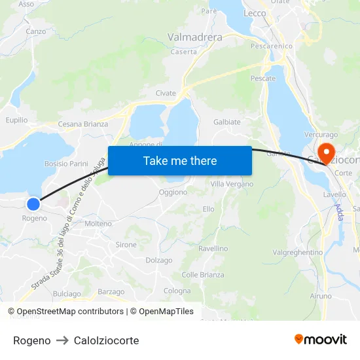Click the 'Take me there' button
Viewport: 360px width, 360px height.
[x=180, y=160]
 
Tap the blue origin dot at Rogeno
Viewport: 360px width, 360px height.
[x=33, y=204]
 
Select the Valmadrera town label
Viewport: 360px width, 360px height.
[x=195, y=37]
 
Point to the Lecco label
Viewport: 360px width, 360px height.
[x=254, y=13]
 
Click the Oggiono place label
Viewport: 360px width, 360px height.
[x=173, y=192]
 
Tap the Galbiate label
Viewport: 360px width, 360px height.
[x=227, y=122]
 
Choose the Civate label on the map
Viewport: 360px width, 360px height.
[x=166, y=94]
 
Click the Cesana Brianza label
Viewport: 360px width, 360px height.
[x=83, y=124]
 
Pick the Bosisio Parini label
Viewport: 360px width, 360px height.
[x=66, y=163]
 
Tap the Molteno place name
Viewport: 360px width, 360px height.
[x=98, y=224]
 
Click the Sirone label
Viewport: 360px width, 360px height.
[x=126, y=245]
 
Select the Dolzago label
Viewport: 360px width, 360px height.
[x=159, y=261]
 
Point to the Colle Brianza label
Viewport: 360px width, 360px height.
[x=199, y=275]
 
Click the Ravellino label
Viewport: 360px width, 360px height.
[x=213, y=249]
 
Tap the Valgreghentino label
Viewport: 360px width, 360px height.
[x=298, y=253]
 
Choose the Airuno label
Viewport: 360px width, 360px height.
[x=321, y=297]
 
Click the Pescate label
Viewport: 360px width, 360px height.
[x=263, y=79]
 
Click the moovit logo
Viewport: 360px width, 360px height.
[x=321, y=340]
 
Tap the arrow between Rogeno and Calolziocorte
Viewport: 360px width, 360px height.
[x=62, y=340]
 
